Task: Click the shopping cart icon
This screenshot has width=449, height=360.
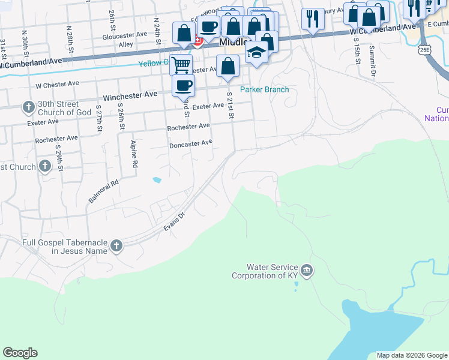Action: coord(181,64)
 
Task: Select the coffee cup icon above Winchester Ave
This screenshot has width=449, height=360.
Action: coord(184,85)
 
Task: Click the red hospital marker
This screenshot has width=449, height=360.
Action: coord(197,41)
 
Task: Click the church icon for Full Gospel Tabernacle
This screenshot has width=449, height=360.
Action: coord(116,245)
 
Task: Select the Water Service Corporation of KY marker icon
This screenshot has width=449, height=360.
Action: coord(307,271)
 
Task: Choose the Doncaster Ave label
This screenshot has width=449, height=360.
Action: coord(191,143)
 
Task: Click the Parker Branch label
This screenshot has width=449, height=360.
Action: coord(265,90)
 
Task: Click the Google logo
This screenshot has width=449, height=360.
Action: coord(20,353)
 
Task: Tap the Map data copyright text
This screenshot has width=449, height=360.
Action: coord(412,355)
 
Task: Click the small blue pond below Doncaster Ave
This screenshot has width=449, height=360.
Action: coord(157,179)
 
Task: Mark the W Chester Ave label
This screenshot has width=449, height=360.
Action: coord(58,85)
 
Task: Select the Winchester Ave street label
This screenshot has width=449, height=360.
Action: coord(130,95)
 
